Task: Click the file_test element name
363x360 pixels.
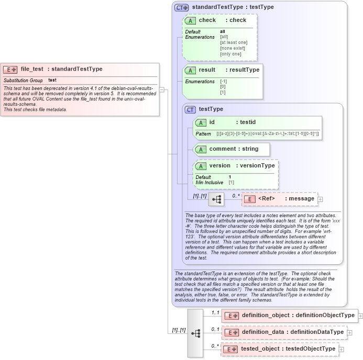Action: click(32, 69)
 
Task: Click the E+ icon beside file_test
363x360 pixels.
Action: click(10, 69)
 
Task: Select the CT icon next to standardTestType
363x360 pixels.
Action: click(182, 7)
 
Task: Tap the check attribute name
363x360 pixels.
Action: click(207, 20)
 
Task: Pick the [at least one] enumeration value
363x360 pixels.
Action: click(234, 42)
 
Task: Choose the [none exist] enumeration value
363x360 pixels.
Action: click(233, 48)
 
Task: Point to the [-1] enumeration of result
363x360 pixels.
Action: click(223, 81)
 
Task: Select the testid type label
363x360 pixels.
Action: click(247, 122)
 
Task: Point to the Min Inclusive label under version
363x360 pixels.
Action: click(210, 183)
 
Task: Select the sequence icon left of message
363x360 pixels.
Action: click(216, 199)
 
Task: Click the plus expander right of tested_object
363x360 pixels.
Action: click(342, 349)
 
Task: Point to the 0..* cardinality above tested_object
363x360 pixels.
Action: click(215, 346)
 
